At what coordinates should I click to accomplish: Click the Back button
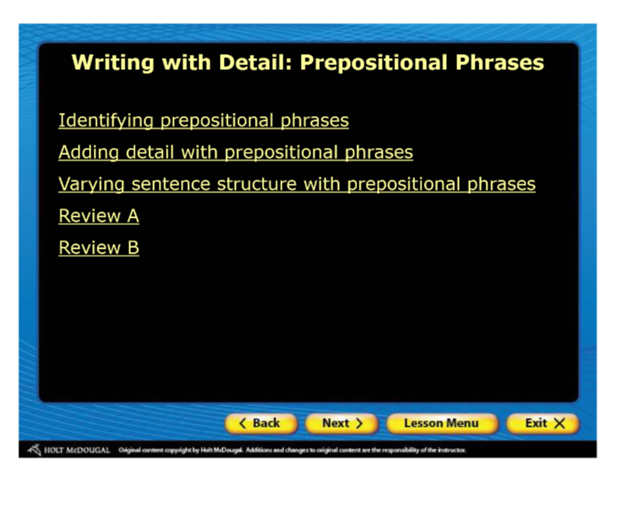pos(261,424)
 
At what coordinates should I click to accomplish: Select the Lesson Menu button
pos(441,424)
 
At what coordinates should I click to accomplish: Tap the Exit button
pos(543,424)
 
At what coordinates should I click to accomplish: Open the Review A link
pos(98,215)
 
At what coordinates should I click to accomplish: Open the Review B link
pos(98,248)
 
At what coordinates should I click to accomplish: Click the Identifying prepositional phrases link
pos(204,121)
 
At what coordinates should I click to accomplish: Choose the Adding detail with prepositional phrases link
pos(236,153)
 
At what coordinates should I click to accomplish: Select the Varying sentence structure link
pos(297,184)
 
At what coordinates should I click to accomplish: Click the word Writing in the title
pos(113,63)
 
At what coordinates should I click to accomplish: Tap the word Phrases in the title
pos(500,63)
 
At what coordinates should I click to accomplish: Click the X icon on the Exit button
pos(560,424)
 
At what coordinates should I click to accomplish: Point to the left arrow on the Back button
pos(243,424)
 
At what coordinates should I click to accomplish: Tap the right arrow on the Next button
pos(359,424)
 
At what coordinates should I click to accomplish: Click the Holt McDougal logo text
pos(77,450)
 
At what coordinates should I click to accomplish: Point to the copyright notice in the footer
pos(292,450)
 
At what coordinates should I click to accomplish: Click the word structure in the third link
pos(256,184)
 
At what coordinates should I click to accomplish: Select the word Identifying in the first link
pos(106,121)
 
